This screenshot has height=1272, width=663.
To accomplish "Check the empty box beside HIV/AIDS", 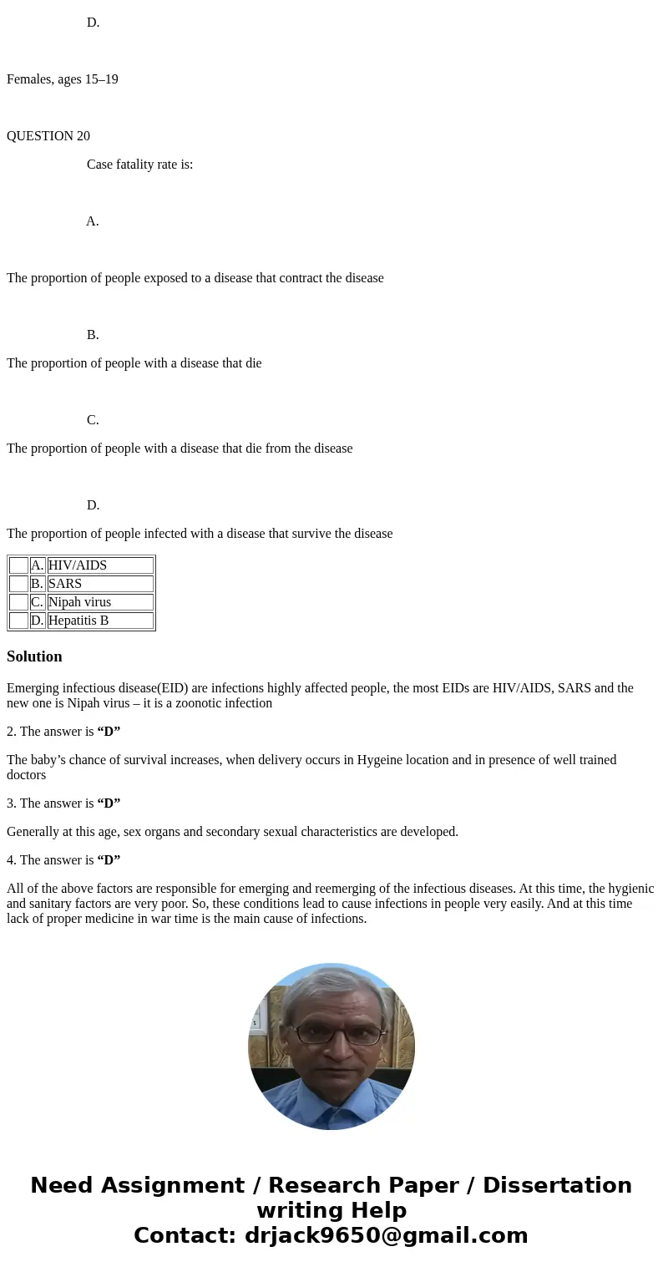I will pyautogui.click(x=18, y=565).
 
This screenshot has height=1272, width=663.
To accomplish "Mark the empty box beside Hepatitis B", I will pyautogui.click(x=18, y=621).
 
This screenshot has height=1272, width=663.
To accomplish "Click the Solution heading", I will pyautogui.click(x=34, y=656).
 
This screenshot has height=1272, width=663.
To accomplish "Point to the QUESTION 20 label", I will pyautogui.click(x=48, y=136).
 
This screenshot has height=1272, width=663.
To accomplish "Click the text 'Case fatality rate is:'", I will pyautogui.click(x=139, y=165).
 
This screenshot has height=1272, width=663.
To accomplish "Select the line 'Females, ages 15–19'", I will pyautogui.click(x=63, y=79).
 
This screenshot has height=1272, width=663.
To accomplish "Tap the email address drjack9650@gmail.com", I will pyautogui.click(x=386, y=1235).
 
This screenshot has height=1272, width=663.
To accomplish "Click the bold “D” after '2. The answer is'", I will pyautogui.click(x=109, y=732).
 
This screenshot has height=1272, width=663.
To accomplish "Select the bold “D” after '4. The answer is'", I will pyautogui.click(x=109, y=860).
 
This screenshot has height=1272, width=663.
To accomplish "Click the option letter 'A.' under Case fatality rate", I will pyautogui.click(x=93, y=221).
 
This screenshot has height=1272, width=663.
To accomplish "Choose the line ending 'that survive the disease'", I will pyautogui.click(x=200, y=534).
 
